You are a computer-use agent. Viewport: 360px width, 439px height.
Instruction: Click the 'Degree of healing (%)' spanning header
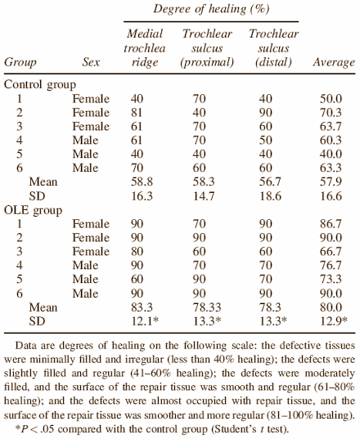click(211, 9)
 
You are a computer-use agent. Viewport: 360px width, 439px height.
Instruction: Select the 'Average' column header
click(334, 62)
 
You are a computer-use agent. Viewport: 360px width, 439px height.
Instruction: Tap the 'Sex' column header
click(91, 62)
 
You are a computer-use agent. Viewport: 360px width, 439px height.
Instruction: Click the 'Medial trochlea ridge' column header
click(145, 48)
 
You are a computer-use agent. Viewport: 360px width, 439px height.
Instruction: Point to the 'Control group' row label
click(40, 84)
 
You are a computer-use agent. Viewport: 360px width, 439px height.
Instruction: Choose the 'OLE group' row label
click(33, 210)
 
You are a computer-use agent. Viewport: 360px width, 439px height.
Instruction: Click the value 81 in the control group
click(137, 113)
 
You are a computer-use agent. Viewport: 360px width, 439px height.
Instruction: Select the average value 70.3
click(331, 113)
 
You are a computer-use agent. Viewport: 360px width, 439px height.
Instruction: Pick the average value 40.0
click(331, 154)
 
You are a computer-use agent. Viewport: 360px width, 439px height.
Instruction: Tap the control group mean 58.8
click(142, 181)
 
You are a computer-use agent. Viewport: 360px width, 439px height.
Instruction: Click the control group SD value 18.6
click(270, 196)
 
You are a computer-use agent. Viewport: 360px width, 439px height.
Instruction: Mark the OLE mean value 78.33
click(207, 307)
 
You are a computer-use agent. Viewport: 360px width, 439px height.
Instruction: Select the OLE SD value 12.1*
click(145, 320)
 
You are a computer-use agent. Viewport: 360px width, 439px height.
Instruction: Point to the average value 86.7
click(331, 224)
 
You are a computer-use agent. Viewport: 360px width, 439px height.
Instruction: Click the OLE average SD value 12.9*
click(334, 320)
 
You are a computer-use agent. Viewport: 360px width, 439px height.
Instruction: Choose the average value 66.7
click(331, 252)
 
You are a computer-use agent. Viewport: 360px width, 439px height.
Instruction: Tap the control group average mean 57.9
click(331, 181)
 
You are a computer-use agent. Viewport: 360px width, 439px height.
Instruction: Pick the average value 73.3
click(331, 279)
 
